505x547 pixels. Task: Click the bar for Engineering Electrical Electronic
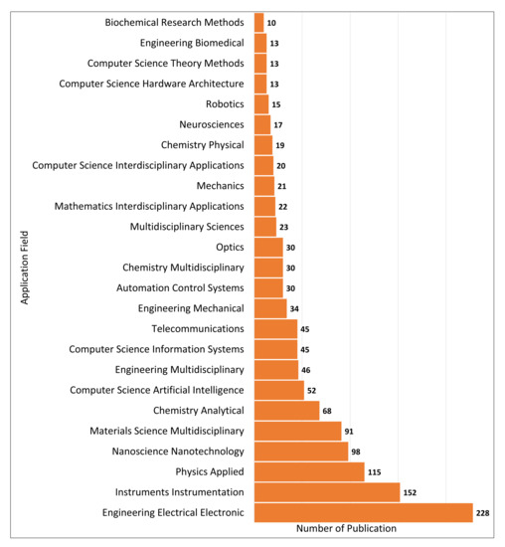(x=363, y=512)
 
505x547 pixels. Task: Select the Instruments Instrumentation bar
(x=327, y=492)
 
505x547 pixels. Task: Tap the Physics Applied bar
(x=309, y=471)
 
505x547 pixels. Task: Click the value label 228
(x=483, y=512)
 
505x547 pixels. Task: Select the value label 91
(x=350, y=431)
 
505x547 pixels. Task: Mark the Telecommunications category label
(x=198, y=328)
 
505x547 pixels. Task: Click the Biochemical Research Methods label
(x=174, y=22)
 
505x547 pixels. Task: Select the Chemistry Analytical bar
(x=286, y=411)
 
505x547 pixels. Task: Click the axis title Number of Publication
(x=346, y=529)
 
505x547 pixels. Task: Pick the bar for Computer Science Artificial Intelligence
(x=278, y=390)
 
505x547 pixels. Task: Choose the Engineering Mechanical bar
(x=270, y=308)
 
